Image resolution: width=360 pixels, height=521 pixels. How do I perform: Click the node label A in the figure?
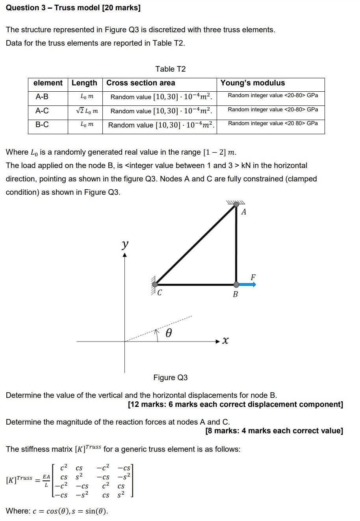[x=244, y=212]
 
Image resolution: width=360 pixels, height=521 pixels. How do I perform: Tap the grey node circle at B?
[x=236, y=284]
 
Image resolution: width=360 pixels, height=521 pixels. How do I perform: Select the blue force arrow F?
[x=247, y=284]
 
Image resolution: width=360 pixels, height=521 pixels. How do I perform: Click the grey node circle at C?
[x=155, y=284]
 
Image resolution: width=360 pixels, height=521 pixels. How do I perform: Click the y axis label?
[x=125, y=244]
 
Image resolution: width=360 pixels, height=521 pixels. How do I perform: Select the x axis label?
[x=225, y=341]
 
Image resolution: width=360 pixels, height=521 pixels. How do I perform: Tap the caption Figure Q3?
[x=171, y=377]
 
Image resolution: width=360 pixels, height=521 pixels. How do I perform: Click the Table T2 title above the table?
[x=170, y=69]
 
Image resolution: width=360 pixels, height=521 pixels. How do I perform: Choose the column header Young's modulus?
[x=252, y=83]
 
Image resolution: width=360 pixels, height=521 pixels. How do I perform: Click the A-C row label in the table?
[x=42, y=111]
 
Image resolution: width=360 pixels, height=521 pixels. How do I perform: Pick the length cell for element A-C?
[x=85, y=111]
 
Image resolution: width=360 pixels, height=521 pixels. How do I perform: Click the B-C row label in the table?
[x=42, y=125]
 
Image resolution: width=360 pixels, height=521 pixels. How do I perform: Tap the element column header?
[x=48, y=83]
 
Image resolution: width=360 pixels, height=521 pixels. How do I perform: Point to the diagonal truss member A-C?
[x=196, y=244]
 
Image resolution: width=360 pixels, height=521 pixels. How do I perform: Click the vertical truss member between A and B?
[x=236, y=244]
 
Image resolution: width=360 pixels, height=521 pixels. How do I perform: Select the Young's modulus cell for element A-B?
[x=273, y=96]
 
